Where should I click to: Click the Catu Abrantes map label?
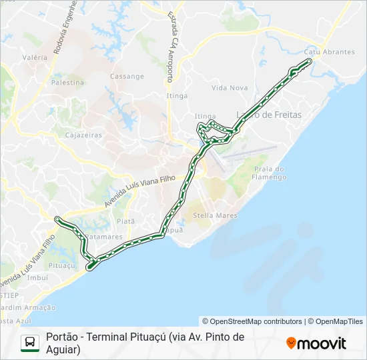(x=329, y=51)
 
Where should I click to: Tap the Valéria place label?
(x=35, y=57)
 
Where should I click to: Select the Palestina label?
(x=67, y=83)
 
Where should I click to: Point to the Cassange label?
(x=127, y=76)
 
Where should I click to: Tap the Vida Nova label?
(x=230, y=88)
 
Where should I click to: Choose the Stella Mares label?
(x=215, y=215)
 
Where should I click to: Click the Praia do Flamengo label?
(x=270, y=173)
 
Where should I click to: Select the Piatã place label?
(x=125, y=221)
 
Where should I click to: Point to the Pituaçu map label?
(x=61, y=265)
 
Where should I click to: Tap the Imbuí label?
(x=38, y=277)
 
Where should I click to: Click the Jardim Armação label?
(x=27, y=307)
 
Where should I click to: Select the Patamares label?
(x=103, y=236)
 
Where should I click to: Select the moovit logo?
(x=316, y=343)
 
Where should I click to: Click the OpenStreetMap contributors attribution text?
(x=252, y=321)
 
